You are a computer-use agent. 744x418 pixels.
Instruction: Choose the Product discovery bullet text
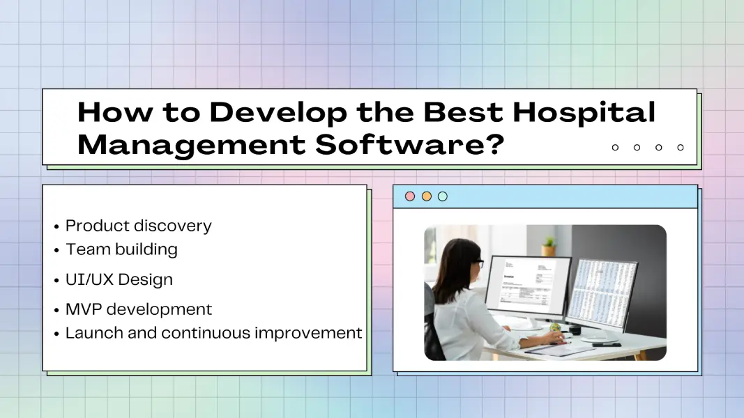click(x=138, y=226)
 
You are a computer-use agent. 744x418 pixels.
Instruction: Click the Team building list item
click(x=121, y=249)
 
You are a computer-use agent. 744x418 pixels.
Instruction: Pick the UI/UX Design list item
click(x=119, y=279)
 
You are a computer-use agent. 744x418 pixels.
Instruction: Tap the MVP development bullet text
click(x=138, y=309)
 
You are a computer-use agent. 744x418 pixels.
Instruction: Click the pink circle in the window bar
click(x=410, y=196)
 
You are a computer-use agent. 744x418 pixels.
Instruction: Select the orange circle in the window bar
click(x=426, y=196)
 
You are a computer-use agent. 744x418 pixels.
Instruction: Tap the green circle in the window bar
click(x=442, y=196)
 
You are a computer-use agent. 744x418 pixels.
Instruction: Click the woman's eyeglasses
click(x=479, y=264)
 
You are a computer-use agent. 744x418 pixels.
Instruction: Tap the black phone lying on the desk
click(x=606, y=343)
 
